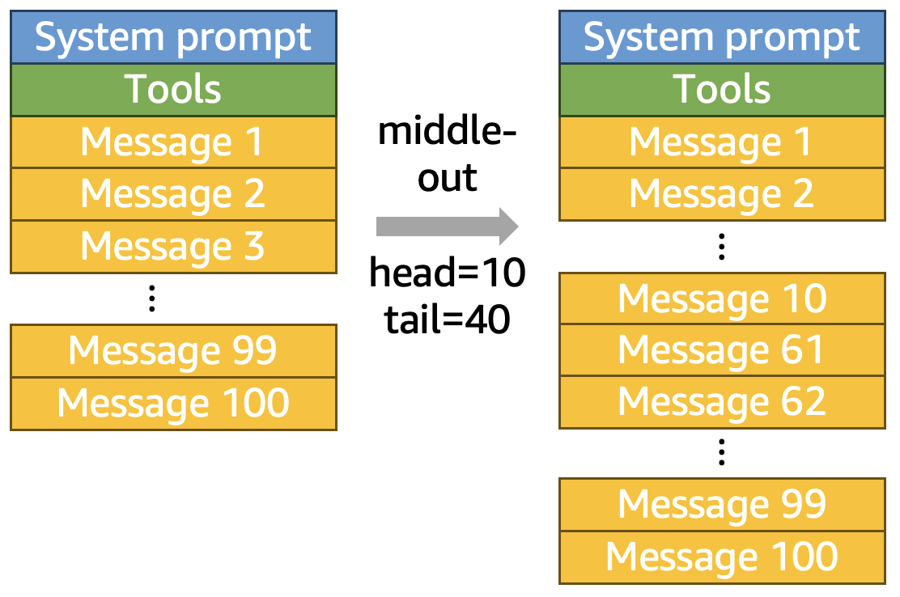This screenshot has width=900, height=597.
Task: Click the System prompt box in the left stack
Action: pyautogui.click(x=173, y=37)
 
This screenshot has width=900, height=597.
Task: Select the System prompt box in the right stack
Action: pyautogui.click(x=722, y=37)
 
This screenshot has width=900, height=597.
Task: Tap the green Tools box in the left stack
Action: pyautogui.click(x=173, y=90)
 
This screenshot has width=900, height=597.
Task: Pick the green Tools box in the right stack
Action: pyautogui.click(x=722, y=90)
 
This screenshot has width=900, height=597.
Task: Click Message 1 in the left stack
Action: pyautogui.click(x=173, y=142)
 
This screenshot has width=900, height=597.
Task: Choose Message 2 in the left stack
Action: pyautogui.click(x=173, y=194)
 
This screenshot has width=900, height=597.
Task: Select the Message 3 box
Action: pyautogui.click(x=173, y=247)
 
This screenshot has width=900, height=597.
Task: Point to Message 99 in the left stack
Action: pyautogui.click(x=173, y=351)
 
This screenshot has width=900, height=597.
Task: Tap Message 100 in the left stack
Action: pyautogui.click(x=173, y=404)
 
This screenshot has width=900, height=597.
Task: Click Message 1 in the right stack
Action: pyautogui.click(x=722, y=142)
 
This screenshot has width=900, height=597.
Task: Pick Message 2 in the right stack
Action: pyautogui.click(x=722, y=194)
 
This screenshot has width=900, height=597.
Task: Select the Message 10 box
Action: pyautogui.click(x=722, y=298)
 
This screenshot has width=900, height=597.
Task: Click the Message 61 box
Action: pyautogui.click(x=722, y=349)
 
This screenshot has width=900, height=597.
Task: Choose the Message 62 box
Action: pyautogui.click(x=722, y=402)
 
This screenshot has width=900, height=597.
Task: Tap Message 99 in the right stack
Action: pyautogui.click(x=722, y=505)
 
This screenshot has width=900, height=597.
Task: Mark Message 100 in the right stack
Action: pyautogui.click(x=722, y=557)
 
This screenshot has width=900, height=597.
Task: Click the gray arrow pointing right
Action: pyautogui.click(x=447, y=227)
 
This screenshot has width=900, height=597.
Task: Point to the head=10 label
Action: pyautogui.click(x=447, y=273)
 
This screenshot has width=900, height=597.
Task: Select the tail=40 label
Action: pyautogui.click(x=447, y=320)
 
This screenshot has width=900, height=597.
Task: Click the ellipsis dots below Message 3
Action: pyautogui.click(x=151, y=298)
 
